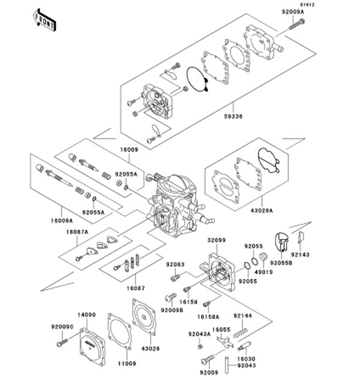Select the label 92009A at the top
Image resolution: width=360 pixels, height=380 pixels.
click(293, 11)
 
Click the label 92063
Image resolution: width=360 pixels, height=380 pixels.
click(175, 264)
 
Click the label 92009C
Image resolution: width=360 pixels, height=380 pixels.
click(62, 327)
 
